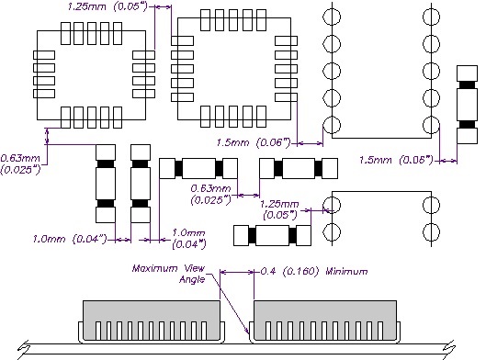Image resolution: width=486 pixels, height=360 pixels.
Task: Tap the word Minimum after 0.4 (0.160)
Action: point(347,272)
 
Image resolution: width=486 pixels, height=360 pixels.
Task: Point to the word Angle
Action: point(192,280)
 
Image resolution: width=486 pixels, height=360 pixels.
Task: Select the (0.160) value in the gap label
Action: point(300,272)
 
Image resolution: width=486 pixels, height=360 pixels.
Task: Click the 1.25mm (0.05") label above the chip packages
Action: point(107,6)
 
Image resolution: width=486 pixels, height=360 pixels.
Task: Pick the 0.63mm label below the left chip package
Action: point(20,158)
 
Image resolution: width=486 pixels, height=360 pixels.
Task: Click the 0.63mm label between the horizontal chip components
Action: point(210,188)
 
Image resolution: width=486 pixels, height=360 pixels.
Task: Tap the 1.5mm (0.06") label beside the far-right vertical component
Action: point(396,160)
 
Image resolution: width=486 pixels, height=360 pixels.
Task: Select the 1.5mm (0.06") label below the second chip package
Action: point(254,142)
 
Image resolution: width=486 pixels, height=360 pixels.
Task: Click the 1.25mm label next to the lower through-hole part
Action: point(279,204)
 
